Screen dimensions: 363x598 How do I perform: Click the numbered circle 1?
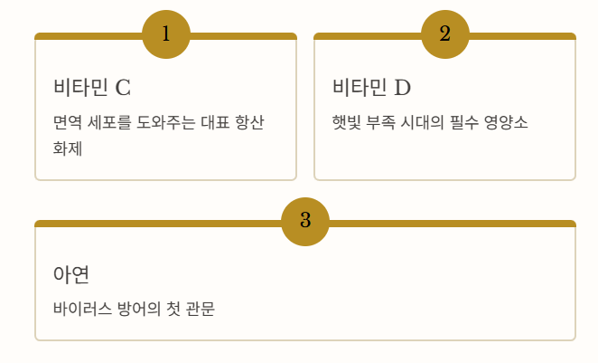click(x=166, y=34)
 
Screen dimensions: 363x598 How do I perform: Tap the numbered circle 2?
click(x=445, y=34)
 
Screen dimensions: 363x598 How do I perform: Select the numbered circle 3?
click(x=305, y=221)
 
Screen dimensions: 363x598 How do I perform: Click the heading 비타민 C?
click(x=92, y=88)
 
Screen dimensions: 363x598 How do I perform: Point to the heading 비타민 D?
click(x=371, y=88)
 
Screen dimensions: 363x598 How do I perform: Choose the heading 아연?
click(x=70, y=274)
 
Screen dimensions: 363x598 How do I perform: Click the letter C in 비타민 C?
click(x=123, y=88)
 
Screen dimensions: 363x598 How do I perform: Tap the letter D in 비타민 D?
click(x=402, y=88)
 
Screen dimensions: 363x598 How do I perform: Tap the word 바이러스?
click(x=82, y=309)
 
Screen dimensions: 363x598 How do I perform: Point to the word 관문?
click(x=200, y=309)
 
